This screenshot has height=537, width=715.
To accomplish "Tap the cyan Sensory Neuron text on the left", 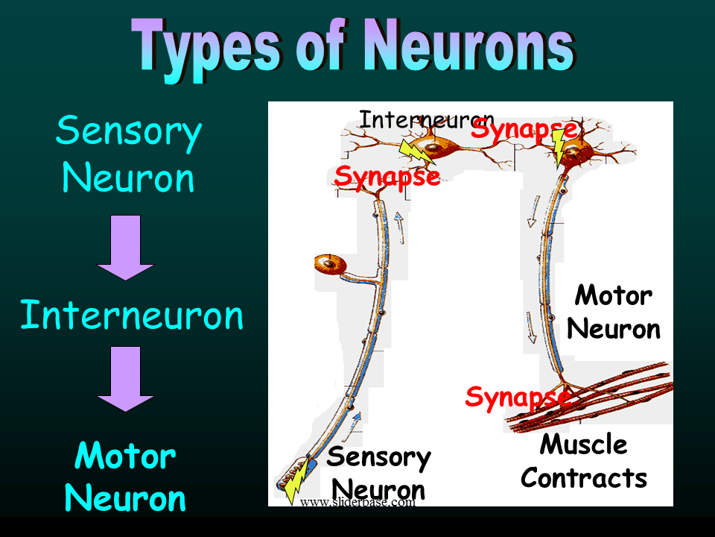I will point(128,154).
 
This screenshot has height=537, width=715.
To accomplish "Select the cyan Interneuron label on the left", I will point(132,315).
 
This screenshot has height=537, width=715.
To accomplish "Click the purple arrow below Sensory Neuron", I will point(125,247).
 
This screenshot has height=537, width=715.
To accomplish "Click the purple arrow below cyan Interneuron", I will point(125,378).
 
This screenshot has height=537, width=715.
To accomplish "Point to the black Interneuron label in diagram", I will point(426,119).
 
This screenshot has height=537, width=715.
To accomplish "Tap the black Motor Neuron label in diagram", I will point(613,311).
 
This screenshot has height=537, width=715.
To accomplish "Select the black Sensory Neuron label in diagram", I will point(378,473).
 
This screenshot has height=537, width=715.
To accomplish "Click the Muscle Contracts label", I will point(584,460).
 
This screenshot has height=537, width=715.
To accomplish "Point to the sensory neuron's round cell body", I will point(330,266).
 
